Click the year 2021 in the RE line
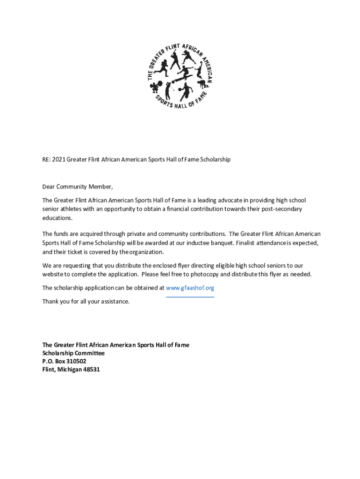pos(58,160)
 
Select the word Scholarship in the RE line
pos(215,160)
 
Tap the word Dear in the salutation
pos(49,187)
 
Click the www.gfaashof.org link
pos(190,288)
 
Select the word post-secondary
pos(282,209)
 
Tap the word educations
pos(58,218)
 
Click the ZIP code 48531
pos(91,370)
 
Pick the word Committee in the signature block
pos(89,353)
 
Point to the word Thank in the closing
pos(50,301)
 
